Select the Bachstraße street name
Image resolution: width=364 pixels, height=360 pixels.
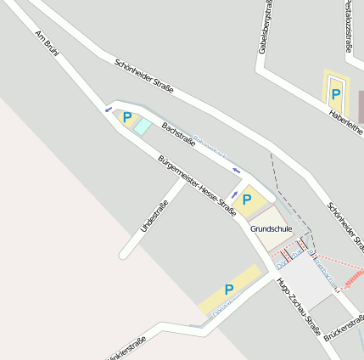point(178,133)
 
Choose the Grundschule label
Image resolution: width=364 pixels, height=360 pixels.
point(272,228)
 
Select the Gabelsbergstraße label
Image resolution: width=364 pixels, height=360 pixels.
point(266,32)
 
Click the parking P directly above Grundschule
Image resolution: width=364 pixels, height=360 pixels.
point(247,200)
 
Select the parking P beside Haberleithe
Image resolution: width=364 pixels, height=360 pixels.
point(335,93)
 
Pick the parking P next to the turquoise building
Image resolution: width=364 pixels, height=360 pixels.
point(127,117)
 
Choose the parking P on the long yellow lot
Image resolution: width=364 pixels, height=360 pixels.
point(229,290)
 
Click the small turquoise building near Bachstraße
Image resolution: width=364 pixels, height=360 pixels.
point(143,127)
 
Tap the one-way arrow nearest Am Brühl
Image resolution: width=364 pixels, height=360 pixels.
point(108,109)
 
